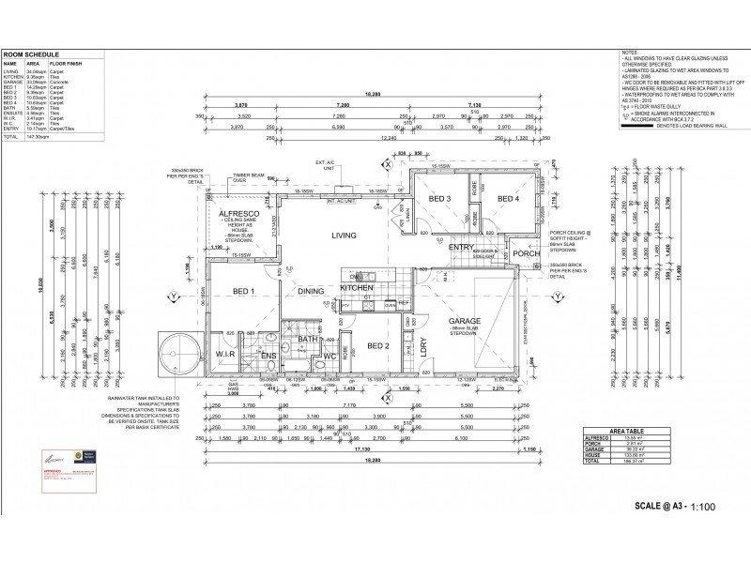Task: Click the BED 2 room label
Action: point(377,345)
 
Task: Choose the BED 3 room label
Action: point(440,199)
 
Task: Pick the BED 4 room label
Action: point(509,199)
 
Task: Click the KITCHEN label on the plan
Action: point(357,287)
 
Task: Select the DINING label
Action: point(311,291)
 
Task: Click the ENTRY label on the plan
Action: point(461,247)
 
